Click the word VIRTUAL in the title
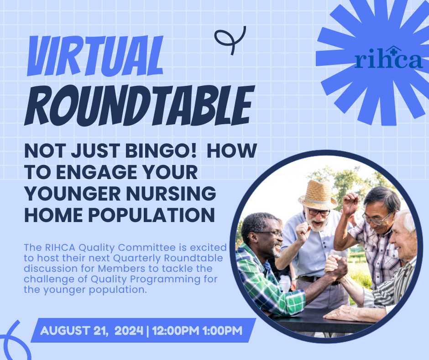point(95,56)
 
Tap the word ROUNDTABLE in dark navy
point(140,106)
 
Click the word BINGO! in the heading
point(161,151)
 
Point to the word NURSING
point(171,193)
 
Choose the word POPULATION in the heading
point(152,215)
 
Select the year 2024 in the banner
point(129,331)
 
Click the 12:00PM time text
point(176,331)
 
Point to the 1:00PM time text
point(222,331)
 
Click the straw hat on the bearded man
point(318,195)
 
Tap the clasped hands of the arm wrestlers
point(336,267)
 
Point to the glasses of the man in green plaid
point(269,234)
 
